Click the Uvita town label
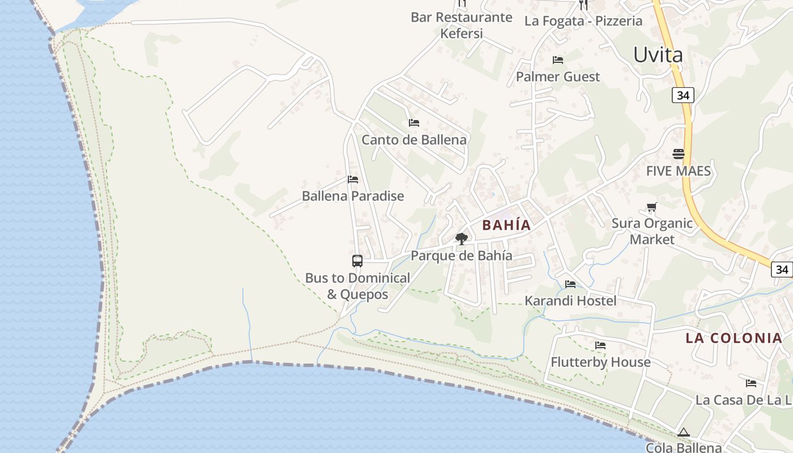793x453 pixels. pyautogui.click(x=658, y=55)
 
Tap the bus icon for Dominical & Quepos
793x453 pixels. pyautogui.click(x=357, y=261)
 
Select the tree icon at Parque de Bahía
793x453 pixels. pyautogui.click(x=462, y=239)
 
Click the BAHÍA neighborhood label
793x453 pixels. pyautogui.click(x=506, y=225)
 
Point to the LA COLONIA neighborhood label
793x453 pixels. pyautogui.click(x=734, y=338)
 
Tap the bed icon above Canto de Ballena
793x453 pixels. pyautogui.click(x=414, y=123)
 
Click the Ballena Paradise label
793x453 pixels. pyautogui.click(x=353, y=196)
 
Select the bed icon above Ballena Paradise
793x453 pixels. pyautogui.click(x=353, y=180)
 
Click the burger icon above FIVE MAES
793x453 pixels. pyautogui.click(x=678, y=154)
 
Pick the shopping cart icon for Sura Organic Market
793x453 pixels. pyautogui.click(x=652, y=207)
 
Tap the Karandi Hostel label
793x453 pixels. pyautogui.click(x=570, y=300)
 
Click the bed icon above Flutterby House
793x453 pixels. pyautogui.click(x=600, y=345)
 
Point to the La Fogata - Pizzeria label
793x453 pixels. pyautogui.click(x=583, y=21)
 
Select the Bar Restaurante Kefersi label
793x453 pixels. pyautogui.click(x=462, y=25)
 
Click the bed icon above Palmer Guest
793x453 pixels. pyautogui.click(x=558, y=60)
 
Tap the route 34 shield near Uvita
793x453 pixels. pyautogui.click(x=683, y=95)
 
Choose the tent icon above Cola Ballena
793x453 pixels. pyautogui.click(x=684, y=433)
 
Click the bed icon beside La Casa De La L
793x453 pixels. pyautogui.click(x=751, y=383)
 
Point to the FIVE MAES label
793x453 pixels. pyautogui.click(x=678, y=170)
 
